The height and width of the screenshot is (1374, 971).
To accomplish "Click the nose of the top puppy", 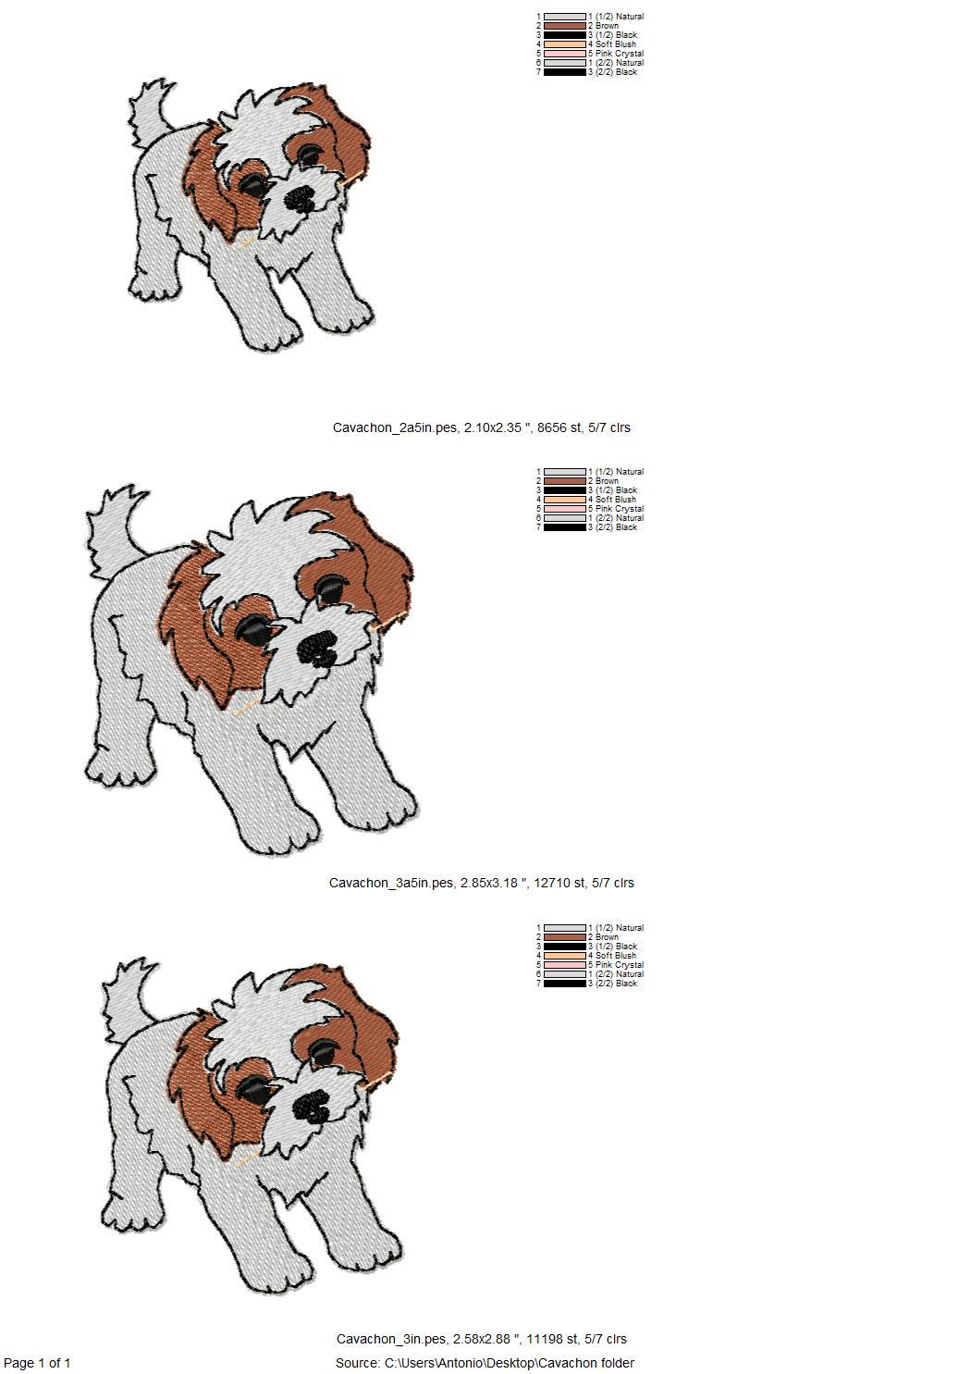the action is pos(301,198).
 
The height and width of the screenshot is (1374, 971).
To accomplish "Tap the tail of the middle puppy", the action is pos(114,530).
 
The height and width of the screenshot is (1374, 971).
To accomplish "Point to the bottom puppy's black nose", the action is pos(312,1105).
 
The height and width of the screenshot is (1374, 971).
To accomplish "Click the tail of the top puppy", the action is pos(150,110).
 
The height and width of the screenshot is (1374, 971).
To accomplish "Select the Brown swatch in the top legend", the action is pos(565,26).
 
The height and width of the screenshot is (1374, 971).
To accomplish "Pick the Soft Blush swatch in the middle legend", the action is pos(565,500).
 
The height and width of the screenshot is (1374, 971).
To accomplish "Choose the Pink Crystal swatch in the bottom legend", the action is pos(565,965).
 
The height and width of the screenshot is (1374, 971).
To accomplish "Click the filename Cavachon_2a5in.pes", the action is pos(395,428).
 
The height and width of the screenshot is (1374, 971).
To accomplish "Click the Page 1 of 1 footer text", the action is pos(37,1363).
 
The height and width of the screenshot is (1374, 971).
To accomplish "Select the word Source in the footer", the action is pos(356,1363).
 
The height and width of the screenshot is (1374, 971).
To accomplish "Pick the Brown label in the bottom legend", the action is pos(607,937).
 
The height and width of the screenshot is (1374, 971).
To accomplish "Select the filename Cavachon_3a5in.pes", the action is pos(391,884).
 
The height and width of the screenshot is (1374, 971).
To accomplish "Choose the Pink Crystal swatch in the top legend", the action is pos(565,54).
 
